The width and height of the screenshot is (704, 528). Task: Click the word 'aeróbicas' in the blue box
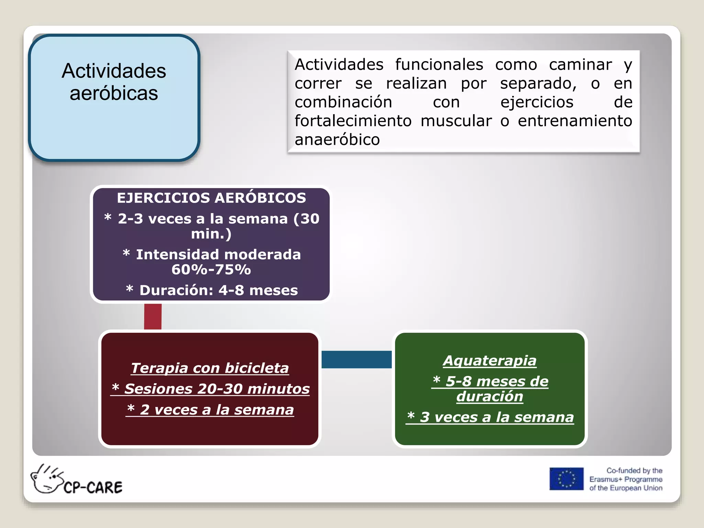[114, 93]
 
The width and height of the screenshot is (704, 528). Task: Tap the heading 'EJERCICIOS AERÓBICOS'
[211, 198]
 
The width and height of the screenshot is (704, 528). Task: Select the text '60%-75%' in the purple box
[211, 269]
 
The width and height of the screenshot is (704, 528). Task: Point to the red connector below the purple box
[153, 316]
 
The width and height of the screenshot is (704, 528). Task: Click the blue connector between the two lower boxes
[356, 359]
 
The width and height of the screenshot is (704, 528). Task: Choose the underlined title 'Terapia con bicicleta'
[210, 368]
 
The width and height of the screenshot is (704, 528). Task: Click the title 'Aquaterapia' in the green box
[489, 361]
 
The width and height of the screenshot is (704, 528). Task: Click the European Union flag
[566, 478]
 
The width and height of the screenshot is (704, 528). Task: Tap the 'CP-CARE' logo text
[93, 487]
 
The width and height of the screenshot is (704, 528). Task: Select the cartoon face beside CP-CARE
[47, 479]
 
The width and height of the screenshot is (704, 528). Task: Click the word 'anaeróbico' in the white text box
[337, 140]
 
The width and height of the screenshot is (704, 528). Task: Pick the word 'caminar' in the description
[580, 65]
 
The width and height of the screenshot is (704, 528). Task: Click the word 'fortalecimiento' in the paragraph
[353, 121]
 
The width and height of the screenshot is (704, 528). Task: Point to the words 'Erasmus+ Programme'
[626, 479]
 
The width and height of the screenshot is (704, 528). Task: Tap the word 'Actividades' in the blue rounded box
[114, 71]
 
